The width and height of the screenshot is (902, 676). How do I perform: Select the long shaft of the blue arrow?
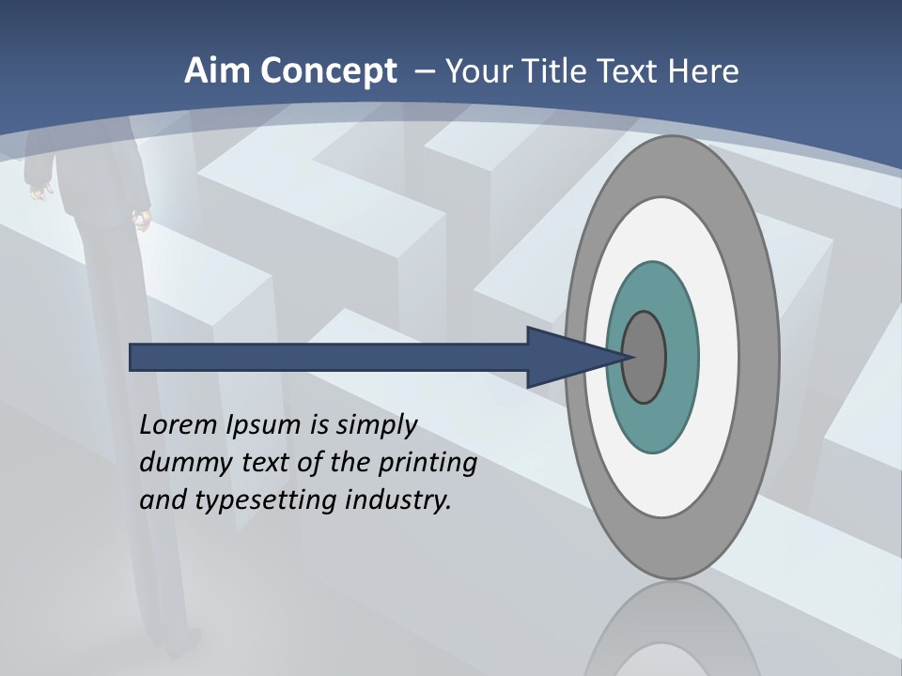click(x=329, y=357)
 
